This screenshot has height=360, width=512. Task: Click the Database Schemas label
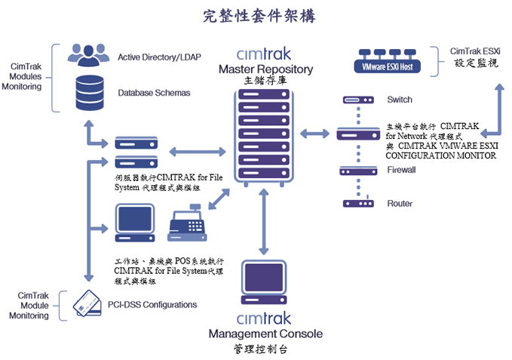(x=154, y=94)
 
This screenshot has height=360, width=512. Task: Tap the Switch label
(x=400, y=100)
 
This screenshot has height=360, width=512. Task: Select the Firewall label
(x=401, y=170)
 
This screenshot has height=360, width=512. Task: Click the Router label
(x=400, y=204)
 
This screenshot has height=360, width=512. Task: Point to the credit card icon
(x=88, y=304)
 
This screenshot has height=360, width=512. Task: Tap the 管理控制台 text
(x=261, y=349)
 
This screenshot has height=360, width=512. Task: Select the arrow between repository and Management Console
(x=263, y=223)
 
